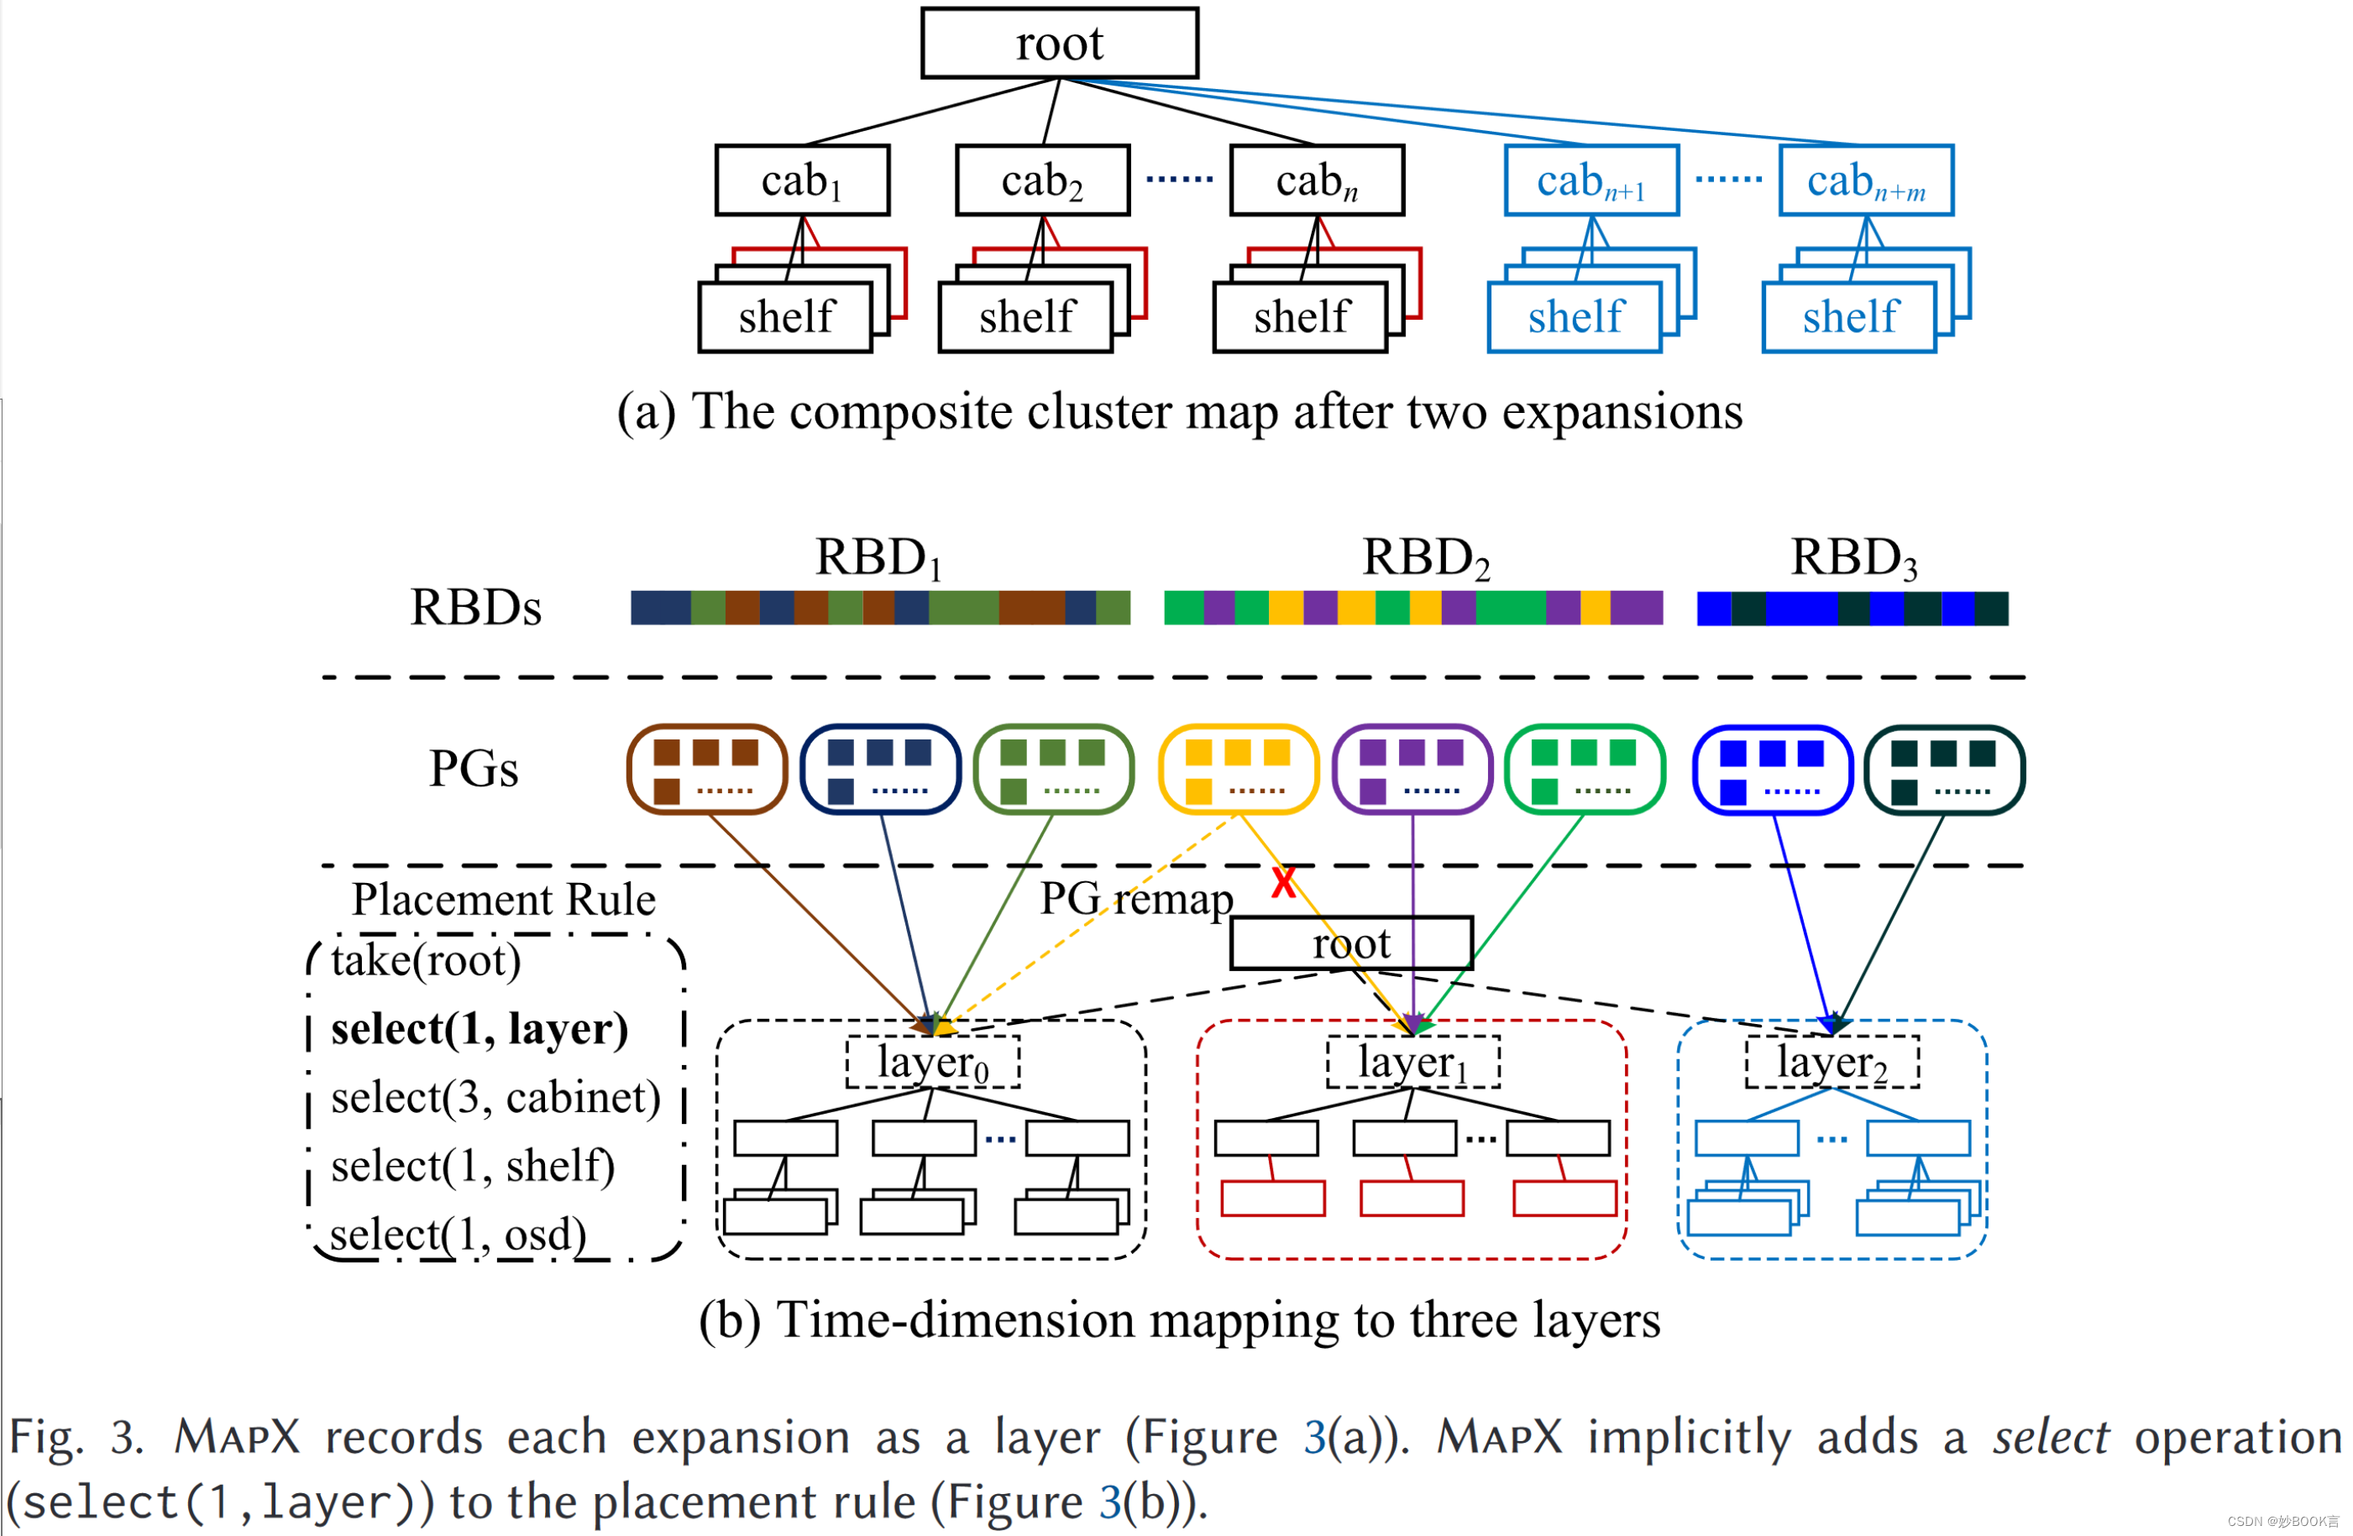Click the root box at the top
(x=1059, y=43)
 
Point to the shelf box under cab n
(x=1300, y=317)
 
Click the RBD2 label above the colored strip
(x=1425, y=557)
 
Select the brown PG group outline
(x=707, y=769)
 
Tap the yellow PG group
(x=1238, y=769)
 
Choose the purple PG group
(x=1412, y=769)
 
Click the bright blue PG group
(x=1772, y=769)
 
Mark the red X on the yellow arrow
(x=1283, y=881)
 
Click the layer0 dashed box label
(x=932, y=1063)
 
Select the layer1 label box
(x=1412, y=1063)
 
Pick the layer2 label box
(x=1832, y=1063)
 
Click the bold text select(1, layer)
(x=480, y=1029)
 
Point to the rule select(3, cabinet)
(x=495, y=1097)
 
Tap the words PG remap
(x=1136, y=898)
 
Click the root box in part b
(x=1350, y=943)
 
